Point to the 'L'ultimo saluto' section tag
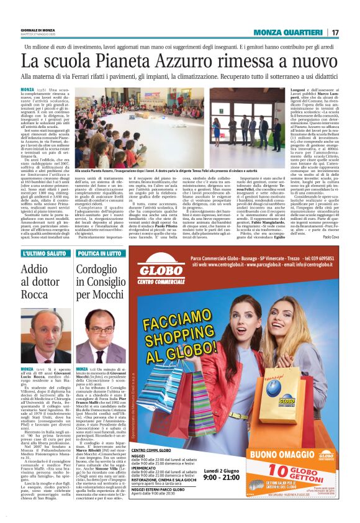click(39, 253)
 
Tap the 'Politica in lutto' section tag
click(97, 253)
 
